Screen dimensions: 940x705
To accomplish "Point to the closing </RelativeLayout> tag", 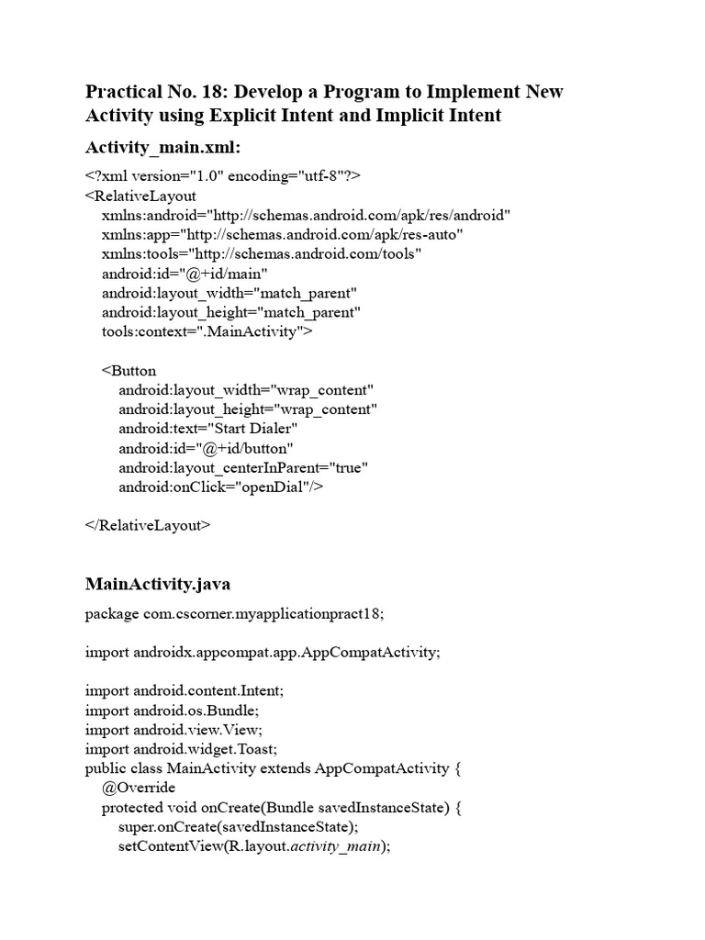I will click(x=148, y=526).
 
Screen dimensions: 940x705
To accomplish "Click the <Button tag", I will click(x=129, y=371).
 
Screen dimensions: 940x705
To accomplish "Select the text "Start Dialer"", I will click(x=254, y=429).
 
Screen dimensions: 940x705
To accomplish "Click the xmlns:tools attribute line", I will click(x=262, y=253).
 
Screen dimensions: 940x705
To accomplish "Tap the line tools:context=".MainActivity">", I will click(x=207, y=331).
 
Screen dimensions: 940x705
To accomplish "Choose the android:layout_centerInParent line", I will click(x=243, y=468).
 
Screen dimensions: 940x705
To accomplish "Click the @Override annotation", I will click(x=139, y=788).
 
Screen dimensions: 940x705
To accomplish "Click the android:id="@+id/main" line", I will click(x=185, y=273).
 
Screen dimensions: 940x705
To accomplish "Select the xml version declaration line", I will click(x=223, y=175).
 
